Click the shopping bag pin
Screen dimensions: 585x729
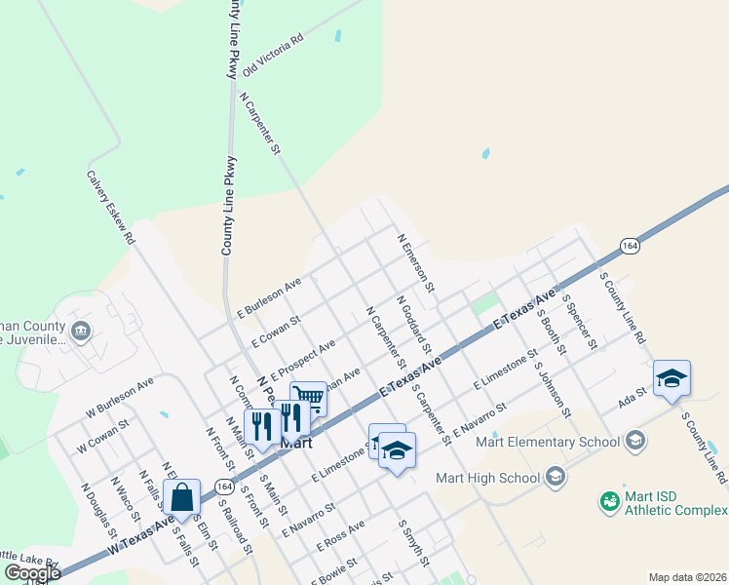click(x=182, y=497)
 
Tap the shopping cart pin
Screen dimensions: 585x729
click(x=308, y=397)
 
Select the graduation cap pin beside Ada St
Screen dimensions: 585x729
click(x=671, y=377)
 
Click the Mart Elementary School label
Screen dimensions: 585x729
click(x=547, y=442)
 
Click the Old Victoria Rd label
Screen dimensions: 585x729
click(x=273, y=55)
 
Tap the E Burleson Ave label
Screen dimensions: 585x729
click(x=269, y=296)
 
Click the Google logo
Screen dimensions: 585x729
click(x=33, y=572)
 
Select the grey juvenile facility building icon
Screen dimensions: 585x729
click(x=81, y=330)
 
